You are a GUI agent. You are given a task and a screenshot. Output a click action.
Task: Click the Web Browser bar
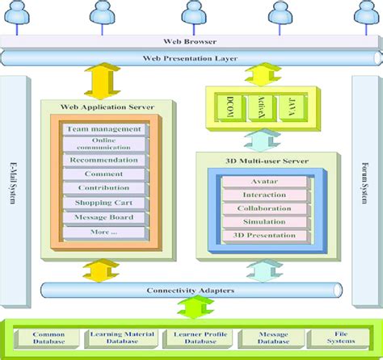(191, 42)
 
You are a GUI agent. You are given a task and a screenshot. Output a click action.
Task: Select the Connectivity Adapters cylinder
(191, 291)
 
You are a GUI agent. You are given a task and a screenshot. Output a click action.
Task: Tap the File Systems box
(332, 337)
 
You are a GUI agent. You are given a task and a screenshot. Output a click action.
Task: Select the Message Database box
(263, 337)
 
